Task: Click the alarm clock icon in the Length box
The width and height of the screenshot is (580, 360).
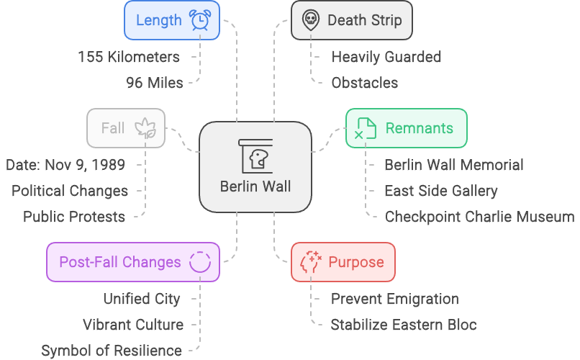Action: (200, 20)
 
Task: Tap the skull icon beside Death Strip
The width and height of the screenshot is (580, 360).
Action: (310, 19)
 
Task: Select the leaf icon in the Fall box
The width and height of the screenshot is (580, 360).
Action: (146, 128)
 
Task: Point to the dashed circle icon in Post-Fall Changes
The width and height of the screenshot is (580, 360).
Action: (199, 262)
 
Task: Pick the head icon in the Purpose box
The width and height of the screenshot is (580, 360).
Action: (310, 262)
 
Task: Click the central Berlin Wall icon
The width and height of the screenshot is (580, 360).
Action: (255, 154)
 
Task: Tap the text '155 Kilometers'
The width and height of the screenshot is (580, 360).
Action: (130, 57)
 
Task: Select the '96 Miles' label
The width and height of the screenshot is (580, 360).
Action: (154, 83)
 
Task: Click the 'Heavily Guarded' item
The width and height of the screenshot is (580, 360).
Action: (386, 57)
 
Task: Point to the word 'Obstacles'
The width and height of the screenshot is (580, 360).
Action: (364, 83)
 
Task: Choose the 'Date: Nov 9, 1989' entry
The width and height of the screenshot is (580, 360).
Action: (65, 165)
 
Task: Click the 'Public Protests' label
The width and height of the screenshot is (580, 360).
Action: (73, 217)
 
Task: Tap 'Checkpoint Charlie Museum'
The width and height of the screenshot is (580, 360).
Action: (479, 217)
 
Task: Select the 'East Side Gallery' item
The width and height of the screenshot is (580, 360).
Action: (440, 191)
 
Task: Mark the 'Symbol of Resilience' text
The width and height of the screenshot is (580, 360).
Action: (111, 351)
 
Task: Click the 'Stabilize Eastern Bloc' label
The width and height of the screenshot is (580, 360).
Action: (403, 325)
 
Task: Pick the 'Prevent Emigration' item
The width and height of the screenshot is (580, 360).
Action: (394, 299)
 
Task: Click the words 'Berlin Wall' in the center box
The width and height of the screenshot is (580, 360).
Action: (255, 186)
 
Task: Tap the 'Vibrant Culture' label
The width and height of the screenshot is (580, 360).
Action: (132, 325)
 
